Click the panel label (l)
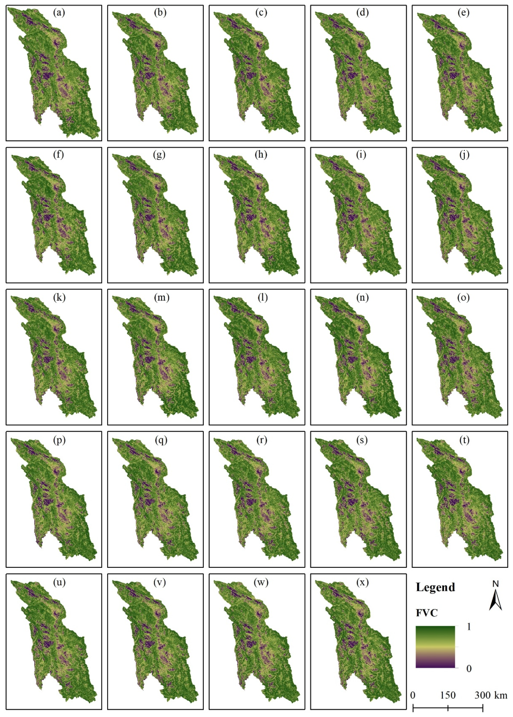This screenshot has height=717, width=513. coord(262,297)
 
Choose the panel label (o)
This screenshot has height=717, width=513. coord(463,297)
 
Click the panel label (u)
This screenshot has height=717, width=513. coord(59,582)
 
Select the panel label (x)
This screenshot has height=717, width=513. coord(362,582)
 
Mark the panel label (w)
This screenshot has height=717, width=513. coord(261,582)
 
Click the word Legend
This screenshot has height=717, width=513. coord(436,587)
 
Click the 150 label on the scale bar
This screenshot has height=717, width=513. coord(448,695)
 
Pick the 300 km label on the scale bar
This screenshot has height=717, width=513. coord(490,695)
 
